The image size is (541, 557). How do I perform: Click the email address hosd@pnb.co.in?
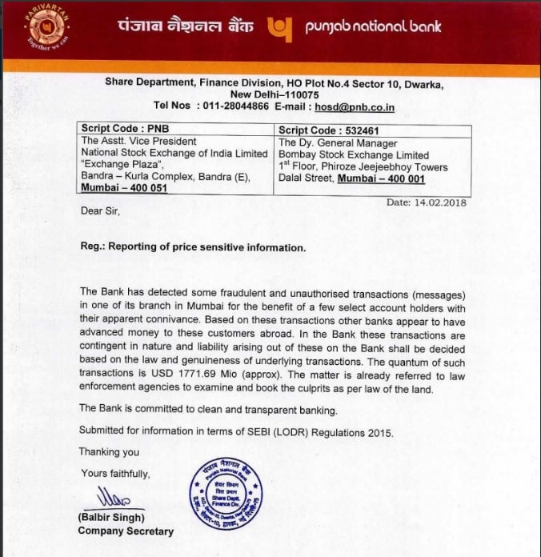354,106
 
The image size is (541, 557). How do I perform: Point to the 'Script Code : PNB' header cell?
126,130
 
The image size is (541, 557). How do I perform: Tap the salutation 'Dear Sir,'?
100,212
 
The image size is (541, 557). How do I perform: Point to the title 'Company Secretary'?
126,531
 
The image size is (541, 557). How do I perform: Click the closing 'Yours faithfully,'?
115,473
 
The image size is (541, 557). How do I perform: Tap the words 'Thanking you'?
109,452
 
